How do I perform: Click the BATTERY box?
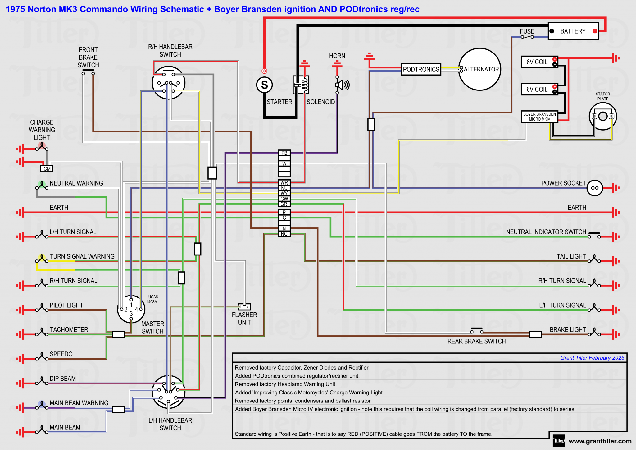pyautogui.click(x=573, y=31)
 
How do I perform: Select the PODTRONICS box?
pyautogui.click(x=421, y=69)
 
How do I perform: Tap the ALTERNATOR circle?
pyautogui.click(x=480, y=69)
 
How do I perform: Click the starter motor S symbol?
pyautogui.click(x=264, y=85)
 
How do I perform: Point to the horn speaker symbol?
pyautogui.click(x=342, y=85)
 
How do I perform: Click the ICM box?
pyautogui.click(x=47, y=169)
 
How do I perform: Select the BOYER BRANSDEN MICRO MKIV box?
pyautogui.click(x=539, y=117)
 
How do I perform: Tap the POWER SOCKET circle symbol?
pyautogui.click(x=595, y=188)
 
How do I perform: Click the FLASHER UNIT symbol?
pyautogui.click(x=244, y=307)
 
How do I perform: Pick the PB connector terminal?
pyautogui.click(x=284, y=153)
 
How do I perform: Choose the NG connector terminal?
pyautogui.click(x=284, y=234)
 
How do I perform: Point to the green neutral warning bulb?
pyautogui.click(x=42, y=184)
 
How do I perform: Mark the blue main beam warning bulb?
pyautogui.click(x=42, y=404)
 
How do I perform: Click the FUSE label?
pyautogui.click(x=527, y=31)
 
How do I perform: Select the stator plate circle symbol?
pyautogui.click(x=603, y=117)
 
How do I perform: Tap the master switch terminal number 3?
pyautogui.click(x=131, y=314)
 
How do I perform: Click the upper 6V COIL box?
pyautogui.click(x=539, y=62)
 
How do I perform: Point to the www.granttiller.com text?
pyautogui.click(x=600, y=441)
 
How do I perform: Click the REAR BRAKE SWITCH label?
pyautogui.click(x=476, y=341)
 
